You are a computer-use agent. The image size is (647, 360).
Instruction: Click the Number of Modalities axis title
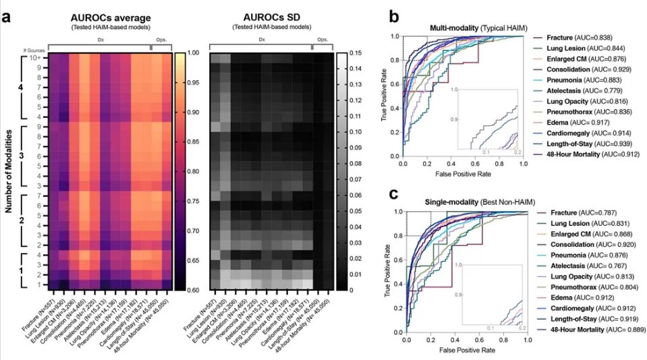pos(10,171)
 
